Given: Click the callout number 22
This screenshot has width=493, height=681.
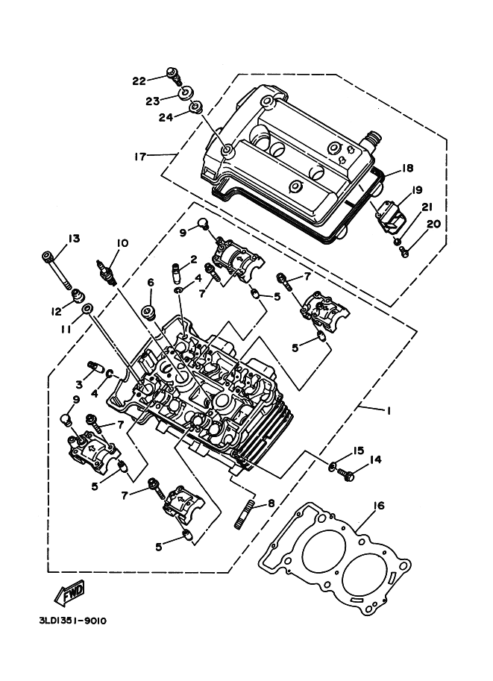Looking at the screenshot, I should tap(139, 81).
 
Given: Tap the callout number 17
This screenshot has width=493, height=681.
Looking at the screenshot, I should tap(139, 156).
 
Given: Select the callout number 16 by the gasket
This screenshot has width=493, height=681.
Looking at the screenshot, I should tap(379, 506).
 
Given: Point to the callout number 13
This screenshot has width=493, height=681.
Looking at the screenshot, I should tap(73, 239).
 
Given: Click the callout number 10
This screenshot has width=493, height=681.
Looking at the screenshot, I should tap(122, 243).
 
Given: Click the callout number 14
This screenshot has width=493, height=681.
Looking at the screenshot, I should tap(375, 459).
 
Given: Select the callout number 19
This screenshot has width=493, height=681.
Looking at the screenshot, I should tap(416, 189).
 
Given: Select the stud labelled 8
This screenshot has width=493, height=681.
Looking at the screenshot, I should tap(245, 515).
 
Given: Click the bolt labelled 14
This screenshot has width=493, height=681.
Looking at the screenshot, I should tap(349, 471).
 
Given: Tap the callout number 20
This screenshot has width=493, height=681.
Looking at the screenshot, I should tap(433, 224).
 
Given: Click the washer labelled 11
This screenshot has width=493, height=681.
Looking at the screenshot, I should tap(87, 308).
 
